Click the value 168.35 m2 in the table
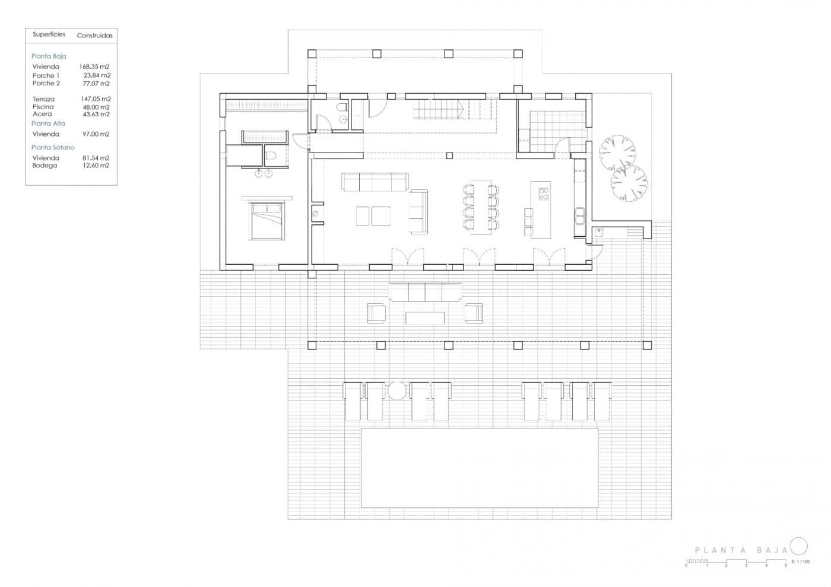94,67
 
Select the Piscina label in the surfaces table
43,107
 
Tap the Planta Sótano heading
53,147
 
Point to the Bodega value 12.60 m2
96,166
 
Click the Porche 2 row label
46,84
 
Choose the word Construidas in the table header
94,36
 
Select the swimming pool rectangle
479,468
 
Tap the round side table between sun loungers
397,391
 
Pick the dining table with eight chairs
481,207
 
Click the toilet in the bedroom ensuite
271,156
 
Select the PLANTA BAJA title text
741,551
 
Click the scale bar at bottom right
736,561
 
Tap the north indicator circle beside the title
799,546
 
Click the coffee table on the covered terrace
424,318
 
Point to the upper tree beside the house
617,153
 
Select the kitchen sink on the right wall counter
579,215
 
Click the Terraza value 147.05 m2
96,99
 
